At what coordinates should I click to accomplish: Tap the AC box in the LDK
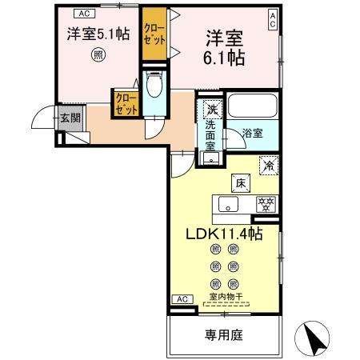click(x=182, y=299)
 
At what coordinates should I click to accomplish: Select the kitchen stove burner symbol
click(x=262, y=204)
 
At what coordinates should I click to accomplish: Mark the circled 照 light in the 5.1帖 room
click(x=97, y=54)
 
